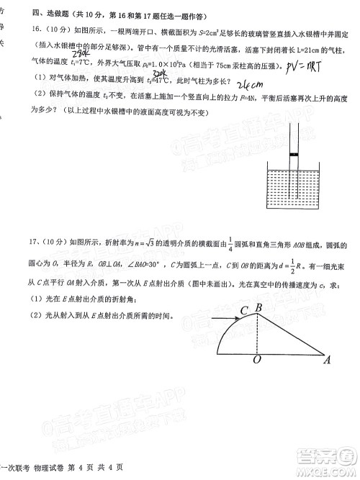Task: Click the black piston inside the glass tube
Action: [294, 155]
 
